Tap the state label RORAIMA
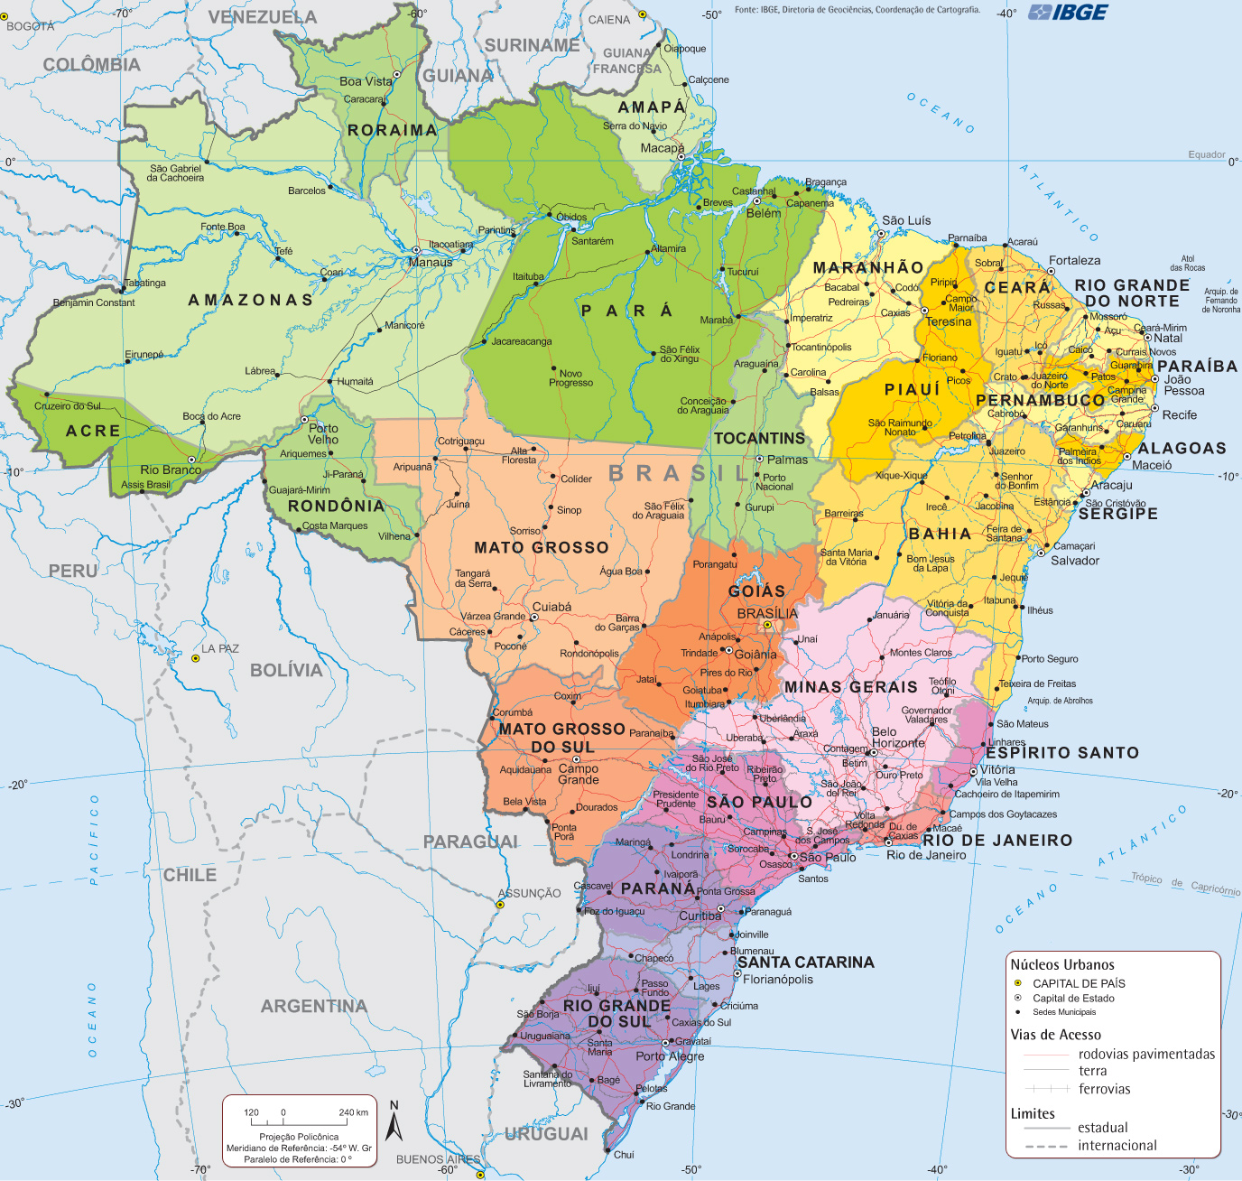pyautogui.click(x=392, y=130)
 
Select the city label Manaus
pyautogui.click(x=431, y=263)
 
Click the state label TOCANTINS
pyautogui.click(x=759, y=438)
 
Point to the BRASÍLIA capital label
pyautogui.click(x=767, y=613)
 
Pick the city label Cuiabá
pyautogui.click(x=551, y=607)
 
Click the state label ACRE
pyautogui.click(x=93, y=431)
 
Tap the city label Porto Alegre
pyautogui.click(x=670, y=1055)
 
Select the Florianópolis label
pyautogui.click(x=778, y=979)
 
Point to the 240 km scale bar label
pyautogui.click(x=353, y=1112)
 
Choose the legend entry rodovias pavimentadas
pyautogui.click(x=1146, y=1054)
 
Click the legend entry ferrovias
pyautogui.click(x=1104, y=1089)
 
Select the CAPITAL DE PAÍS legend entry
pyautogui.click(x=1079, y=983)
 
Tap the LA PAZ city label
pyautogui.click(x=220, y=648)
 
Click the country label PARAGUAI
pyautogui.click(x=470, y=842)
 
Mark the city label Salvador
pyautogui.click(x=1075, y=561)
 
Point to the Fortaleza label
pyautogui.click(x=1074, y=260)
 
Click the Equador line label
pyautogui.click(x=1206, y=154)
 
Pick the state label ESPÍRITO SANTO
pyautogui.click(x=1062, y=752)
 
